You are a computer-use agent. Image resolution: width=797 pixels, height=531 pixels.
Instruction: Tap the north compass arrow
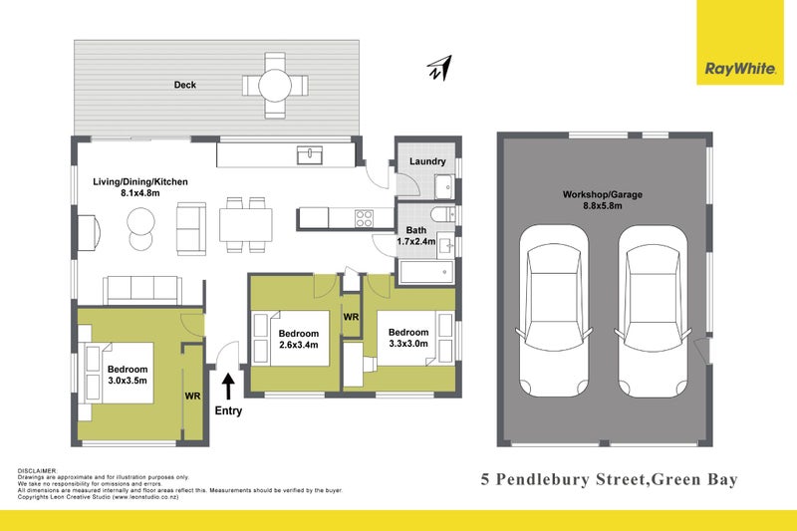(x=438, y=68)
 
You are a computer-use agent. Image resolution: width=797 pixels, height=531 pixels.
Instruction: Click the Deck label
(x=185, y=86)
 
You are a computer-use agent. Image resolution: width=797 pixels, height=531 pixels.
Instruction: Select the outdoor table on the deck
(x=277, y=86)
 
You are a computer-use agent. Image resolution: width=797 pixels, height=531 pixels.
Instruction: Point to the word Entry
(x=228, y=409)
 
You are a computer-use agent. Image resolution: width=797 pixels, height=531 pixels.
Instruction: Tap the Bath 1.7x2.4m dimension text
(x=415, y=241)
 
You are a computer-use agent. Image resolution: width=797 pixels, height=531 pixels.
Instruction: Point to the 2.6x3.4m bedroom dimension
(x=299, y=347)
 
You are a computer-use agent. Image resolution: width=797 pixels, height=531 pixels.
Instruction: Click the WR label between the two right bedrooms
(x=351, y=316)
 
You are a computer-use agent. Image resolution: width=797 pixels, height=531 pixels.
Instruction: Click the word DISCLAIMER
(x=38, y=469)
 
